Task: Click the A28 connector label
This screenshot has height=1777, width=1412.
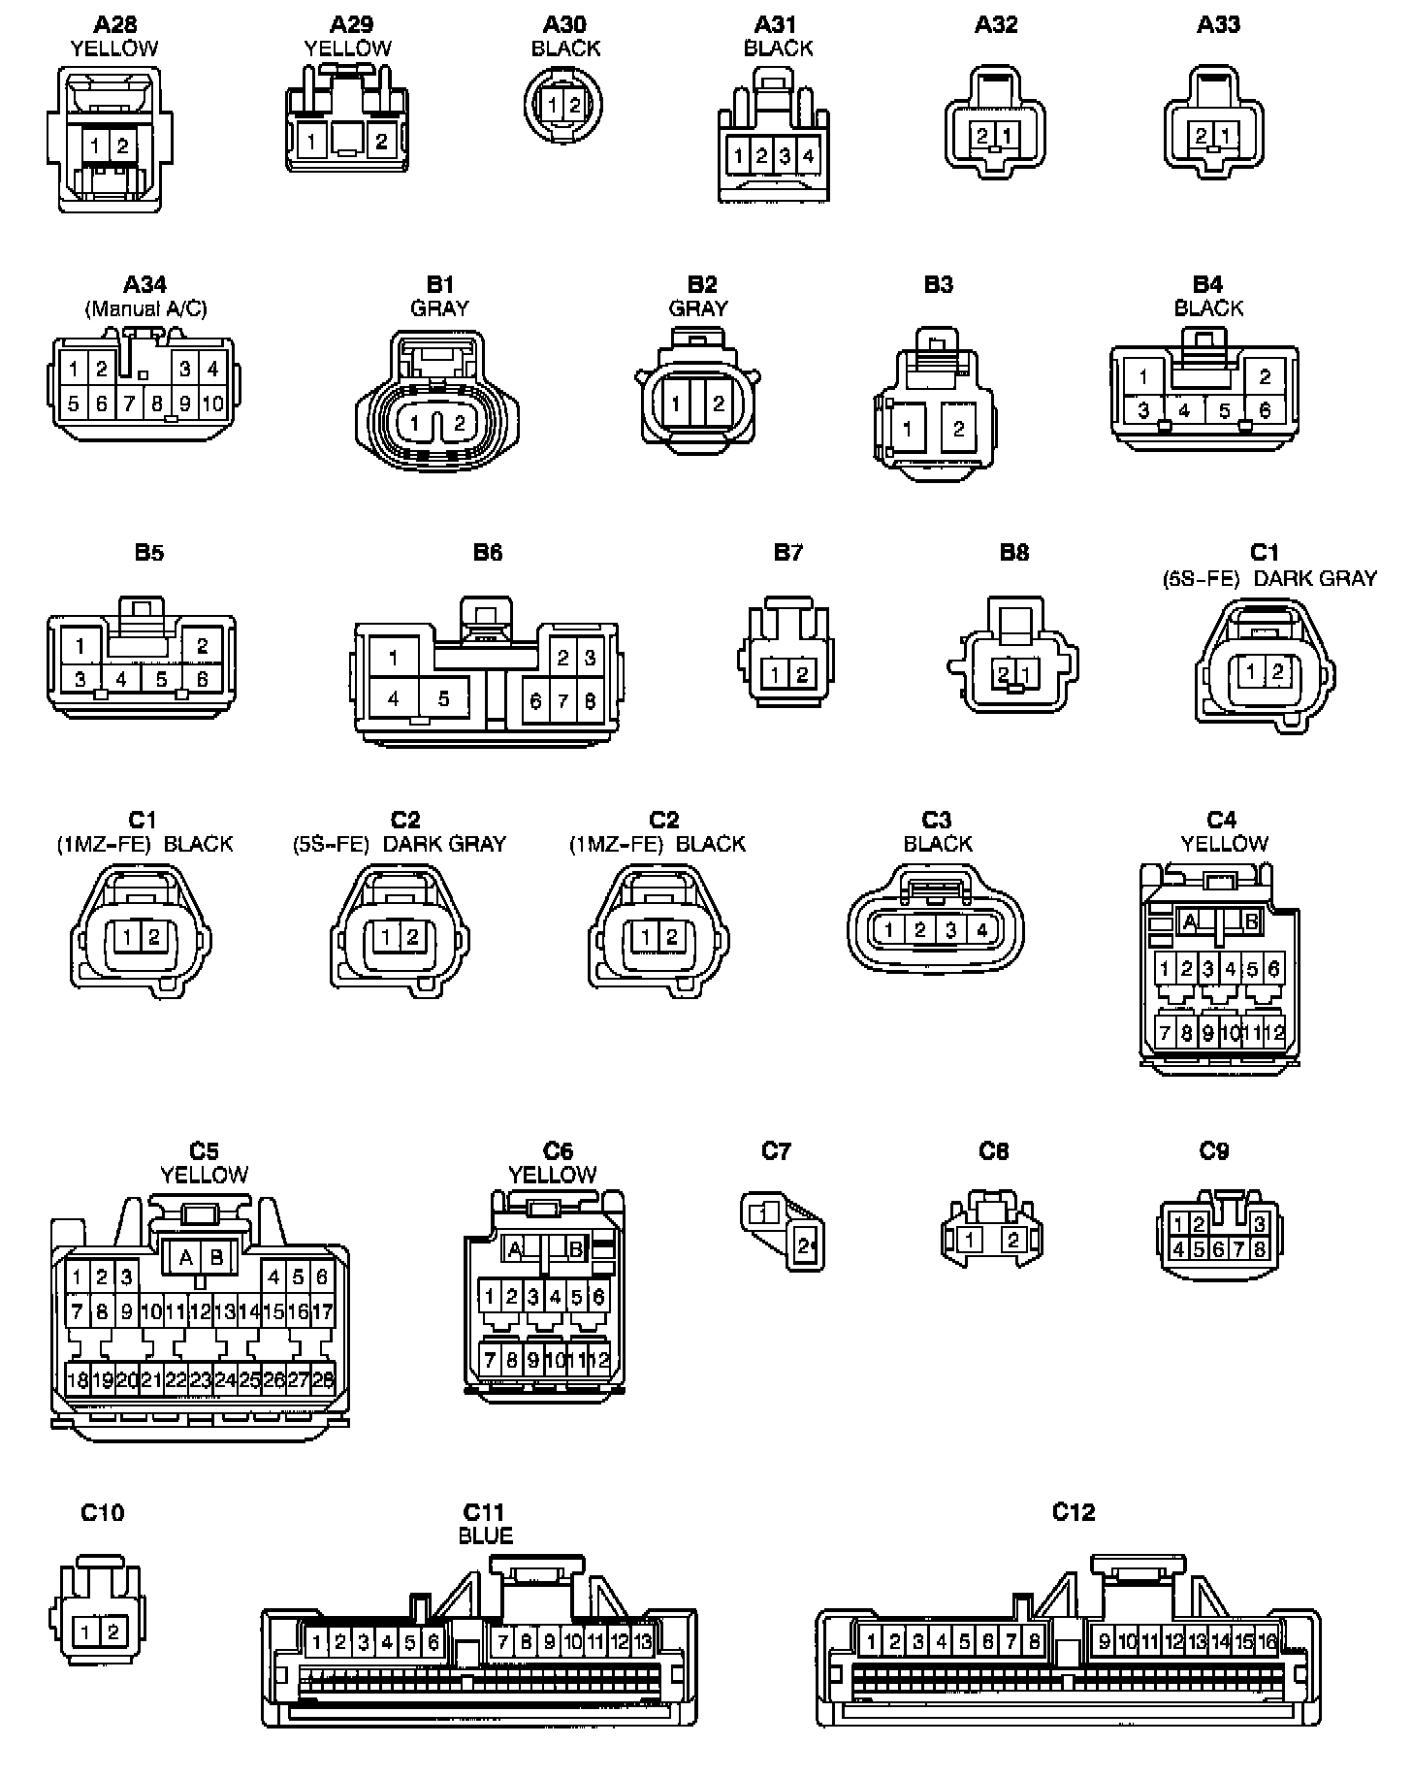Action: coord(114,24)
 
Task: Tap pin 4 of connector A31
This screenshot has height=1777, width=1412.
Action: coord(807,155)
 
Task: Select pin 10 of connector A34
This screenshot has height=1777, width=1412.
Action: coord(211,404)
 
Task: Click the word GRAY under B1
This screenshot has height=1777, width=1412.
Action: coord(439,308)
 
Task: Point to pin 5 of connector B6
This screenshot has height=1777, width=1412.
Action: coord(443,698)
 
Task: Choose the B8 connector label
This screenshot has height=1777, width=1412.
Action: coord(1013,552)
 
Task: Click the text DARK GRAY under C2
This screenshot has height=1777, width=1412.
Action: coord(444,844)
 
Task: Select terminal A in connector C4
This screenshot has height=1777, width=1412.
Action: coord(1190,921)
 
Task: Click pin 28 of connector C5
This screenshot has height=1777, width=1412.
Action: coord(323,1379)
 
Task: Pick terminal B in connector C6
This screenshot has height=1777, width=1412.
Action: coord(576,1248)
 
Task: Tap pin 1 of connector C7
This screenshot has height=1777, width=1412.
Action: coord(765,1212)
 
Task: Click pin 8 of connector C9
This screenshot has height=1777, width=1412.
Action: coord(1259,1249)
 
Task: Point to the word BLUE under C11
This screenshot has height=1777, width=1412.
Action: coord(485,1536)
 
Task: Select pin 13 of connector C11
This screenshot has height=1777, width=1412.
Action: coord(642,1643)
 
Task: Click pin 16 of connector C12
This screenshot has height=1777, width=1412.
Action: coord(1268,1642)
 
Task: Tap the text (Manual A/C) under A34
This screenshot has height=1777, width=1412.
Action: coord(145,308)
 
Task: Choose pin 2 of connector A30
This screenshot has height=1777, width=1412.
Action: coord(574,106)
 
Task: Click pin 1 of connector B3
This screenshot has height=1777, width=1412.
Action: coord(907,428)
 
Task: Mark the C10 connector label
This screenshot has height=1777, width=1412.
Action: coord(102,1513)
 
